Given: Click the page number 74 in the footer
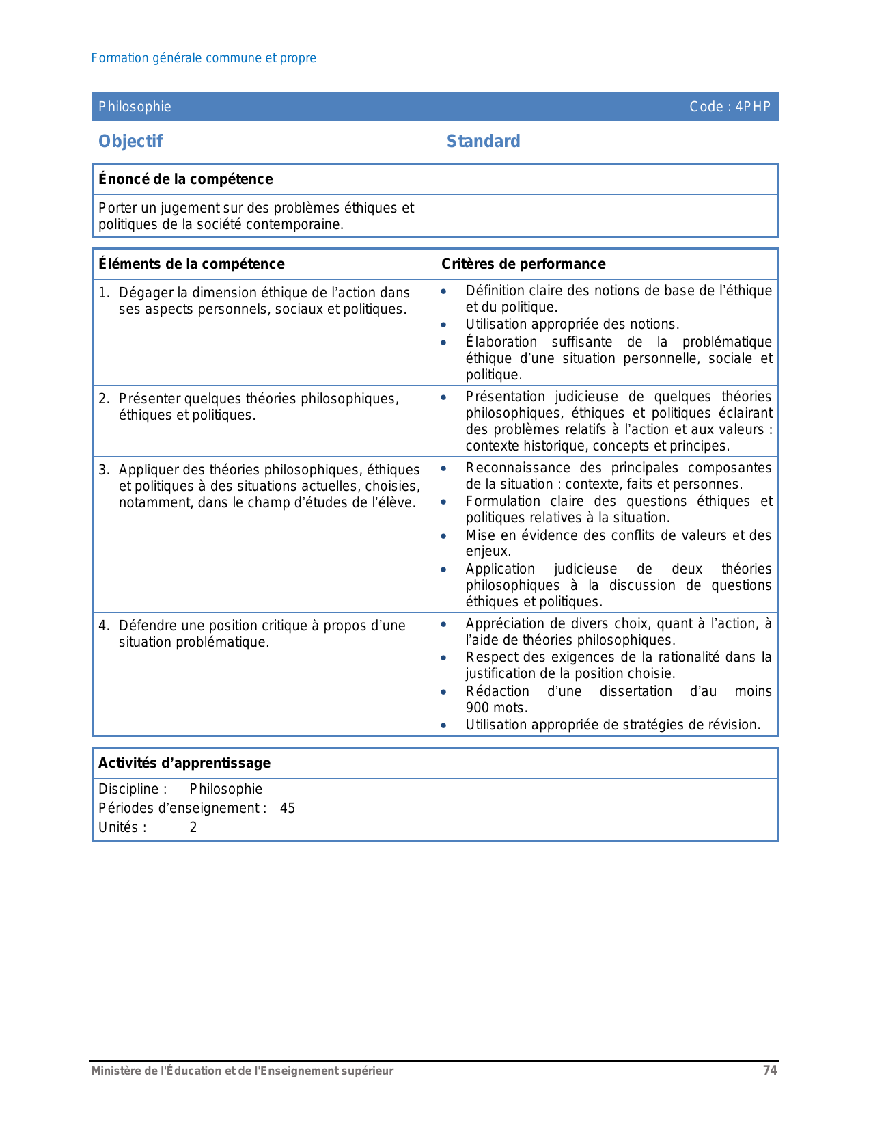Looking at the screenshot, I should [x=770, y=1071].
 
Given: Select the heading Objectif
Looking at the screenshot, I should [x=130, y=142].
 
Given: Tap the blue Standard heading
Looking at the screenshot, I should [x=483, y=142].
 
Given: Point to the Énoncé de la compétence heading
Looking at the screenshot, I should [x=185, y=179].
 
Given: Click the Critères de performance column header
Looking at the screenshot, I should [x=523, y=264].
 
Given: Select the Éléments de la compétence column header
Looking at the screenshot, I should [x=191, y=264].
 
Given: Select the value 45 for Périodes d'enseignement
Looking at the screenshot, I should [x=288, y=809].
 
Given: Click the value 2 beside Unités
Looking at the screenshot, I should [x=193, y=828].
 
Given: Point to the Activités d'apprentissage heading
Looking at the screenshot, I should [x=184, y=763].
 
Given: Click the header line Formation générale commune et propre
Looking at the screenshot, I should [x=204, y=58].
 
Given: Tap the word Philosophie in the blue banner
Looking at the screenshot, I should [x=135, y=107].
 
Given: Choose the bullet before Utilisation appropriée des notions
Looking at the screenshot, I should [x=444, y=325].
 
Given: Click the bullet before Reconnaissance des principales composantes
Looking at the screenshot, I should [x=444, y=469].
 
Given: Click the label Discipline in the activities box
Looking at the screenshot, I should [x=129, y=790].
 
